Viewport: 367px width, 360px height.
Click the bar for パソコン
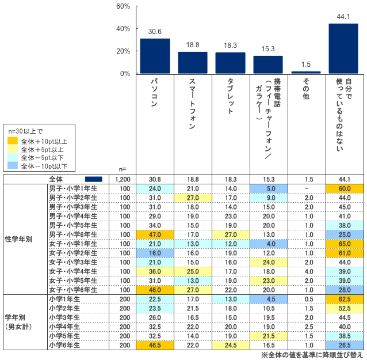(155, 56)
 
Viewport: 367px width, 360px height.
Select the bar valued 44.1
(343, 48)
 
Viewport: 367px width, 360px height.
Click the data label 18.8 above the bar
(192, 44)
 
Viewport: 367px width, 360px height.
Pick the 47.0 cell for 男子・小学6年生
(154, 234)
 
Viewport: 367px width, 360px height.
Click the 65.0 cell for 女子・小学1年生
(343, 244)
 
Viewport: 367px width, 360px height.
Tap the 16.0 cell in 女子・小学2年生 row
(154, 253)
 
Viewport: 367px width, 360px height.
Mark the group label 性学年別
(17, 238)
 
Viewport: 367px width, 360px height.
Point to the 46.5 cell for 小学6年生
(154, 345)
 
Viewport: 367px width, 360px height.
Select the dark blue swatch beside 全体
(93, 179)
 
